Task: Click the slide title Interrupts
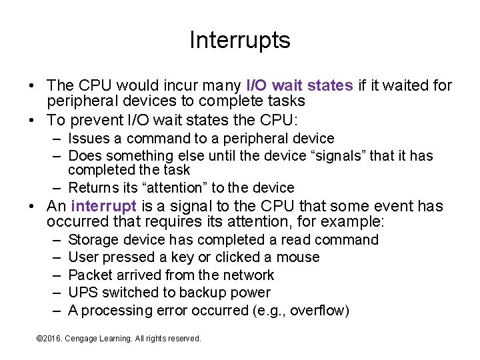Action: [x=239, y=41]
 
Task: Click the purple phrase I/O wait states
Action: [x=299, y=85]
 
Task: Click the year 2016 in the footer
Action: [x=53, y=339]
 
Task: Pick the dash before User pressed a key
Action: [x=54, y=257]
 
